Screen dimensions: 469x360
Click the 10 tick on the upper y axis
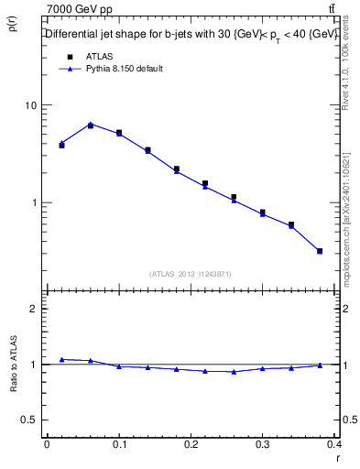coord(31,105)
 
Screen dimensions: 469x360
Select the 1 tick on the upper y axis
coord(35,202)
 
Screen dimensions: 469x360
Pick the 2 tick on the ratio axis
coord(35,309)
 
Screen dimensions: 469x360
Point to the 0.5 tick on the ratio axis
coord(30,420)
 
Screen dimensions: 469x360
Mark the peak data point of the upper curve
coord(91,125)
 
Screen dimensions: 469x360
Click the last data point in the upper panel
coord(320,250)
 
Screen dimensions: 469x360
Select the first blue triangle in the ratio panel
coord(61,359)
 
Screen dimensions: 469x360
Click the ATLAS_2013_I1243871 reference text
coord(191,274)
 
